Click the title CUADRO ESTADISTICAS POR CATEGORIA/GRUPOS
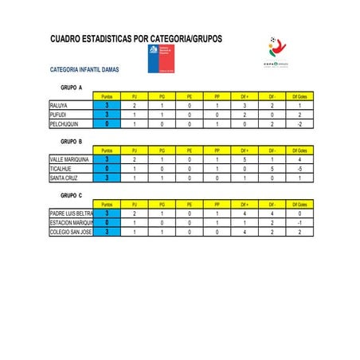click(136, 38)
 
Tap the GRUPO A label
click(72, 88)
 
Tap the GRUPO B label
click(72, 141)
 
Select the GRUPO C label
click(72, 194)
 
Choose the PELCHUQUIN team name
click(64, 124)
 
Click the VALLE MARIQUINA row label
click(68, 159)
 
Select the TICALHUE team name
click(61, 169)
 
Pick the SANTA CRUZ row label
click(64, 178)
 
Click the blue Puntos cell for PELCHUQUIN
click(107, 124)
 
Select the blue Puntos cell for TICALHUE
click(107, 169)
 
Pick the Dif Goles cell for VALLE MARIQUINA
click(300, 159)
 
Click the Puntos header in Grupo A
click(107, 96)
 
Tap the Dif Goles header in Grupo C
click(300, 204)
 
